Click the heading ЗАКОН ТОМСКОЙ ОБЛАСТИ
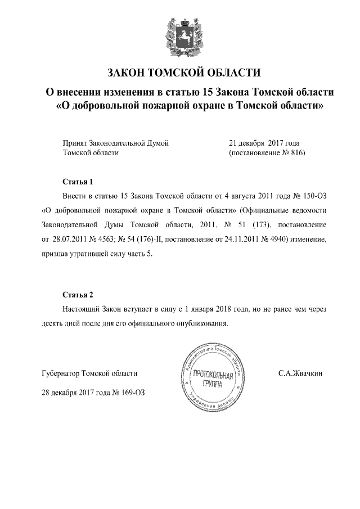184,73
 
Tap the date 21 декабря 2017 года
264,143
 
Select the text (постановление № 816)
266,153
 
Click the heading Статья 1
77,182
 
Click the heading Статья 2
77,295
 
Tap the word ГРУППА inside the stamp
211,384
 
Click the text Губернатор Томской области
89,373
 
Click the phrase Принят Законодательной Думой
116,143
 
